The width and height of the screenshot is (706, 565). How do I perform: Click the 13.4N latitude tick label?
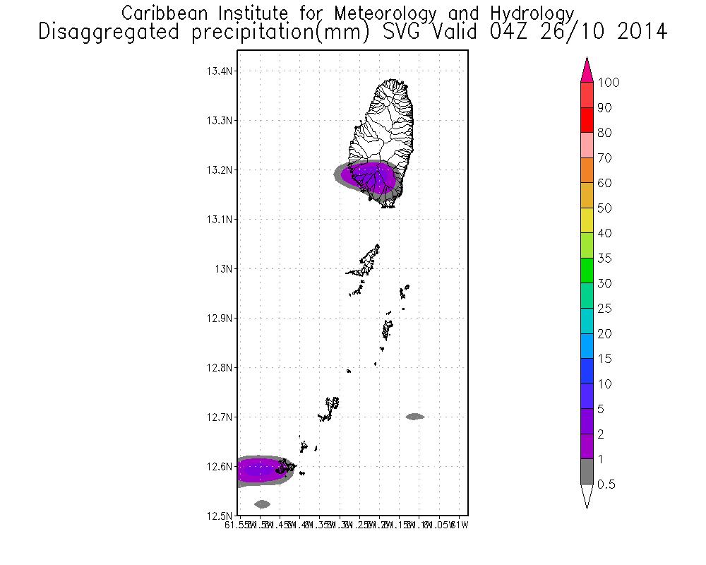pos(220,71)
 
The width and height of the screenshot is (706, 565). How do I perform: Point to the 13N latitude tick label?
pos(225,269)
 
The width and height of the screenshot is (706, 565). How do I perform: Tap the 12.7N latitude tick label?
pos(220,417)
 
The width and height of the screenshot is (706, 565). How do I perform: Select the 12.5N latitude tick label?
pos(220,516)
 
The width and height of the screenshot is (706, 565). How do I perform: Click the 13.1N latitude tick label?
pos(220,220)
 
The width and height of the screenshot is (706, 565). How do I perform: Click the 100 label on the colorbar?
pos(608,83)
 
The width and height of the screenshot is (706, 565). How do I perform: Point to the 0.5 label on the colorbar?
pos(606,484)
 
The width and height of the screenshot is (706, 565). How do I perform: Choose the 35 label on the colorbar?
pos(604,258)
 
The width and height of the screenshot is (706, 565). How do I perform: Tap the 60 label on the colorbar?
pos(604,183)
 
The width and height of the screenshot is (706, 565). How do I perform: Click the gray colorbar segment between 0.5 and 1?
pos(586,472)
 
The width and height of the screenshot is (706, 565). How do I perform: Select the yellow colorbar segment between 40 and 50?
pos(586,220)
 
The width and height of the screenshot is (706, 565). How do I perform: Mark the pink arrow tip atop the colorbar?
pos(586,69)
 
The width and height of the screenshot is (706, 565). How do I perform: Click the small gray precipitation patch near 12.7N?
pos(414,417)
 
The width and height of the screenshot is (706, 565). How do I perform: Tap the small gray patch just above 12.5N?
pos(262,504)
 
